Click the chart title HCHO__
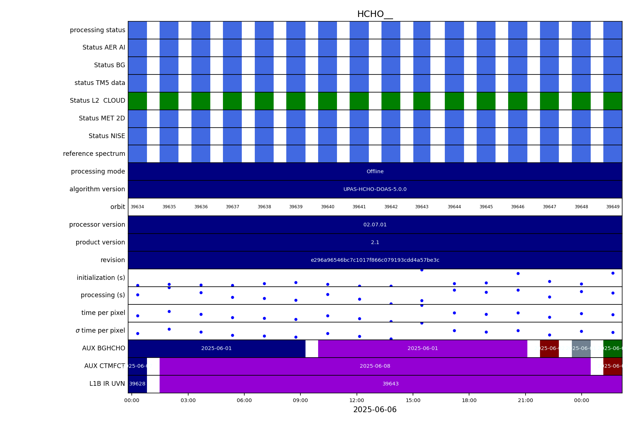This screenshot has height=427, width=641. coord(375,14)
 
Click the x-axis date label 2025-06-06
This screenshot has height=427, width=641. coord(375,410)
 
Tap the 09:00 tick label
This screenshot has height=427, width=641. coord(300,400)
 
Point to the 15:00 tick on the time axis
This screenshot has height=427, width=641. coord(413,400)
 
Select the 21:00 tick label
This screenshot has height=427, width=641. coord(525,400)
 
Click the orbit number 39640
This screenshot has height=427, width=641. coord(328,207)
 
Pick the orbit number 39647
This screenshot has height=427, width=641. coord(549,207)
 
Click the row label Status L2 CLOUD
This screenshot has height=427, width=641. coord(97,101)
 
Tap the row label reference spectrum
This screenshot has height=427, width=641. coord(94,154)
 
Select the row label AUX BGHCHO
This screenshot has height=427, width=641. coord(104,349)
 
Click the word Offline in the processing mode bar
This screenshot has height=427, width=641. coord(375,172)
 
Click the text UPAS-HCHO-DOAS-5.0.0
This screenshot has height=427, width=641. coord(375,189)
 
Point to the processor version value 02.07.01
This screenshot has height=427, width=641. coord(375,225)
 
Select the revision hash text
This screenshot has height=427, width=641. coord(375,260)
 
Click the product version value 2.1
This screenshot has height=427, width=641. coord(375,243)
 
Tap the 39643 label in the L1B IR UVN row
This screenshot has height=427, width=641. coord(391,384)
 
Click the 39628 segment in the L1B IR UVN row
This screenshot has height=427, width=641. coord(137,384)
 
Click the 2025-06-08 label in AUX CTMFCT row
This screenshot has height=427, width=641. coord(375,366)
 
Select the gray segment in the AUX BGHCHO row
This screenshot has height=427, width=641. coord(581,349)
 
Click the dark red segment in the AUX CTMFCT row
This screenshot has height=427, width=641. coord(612,366)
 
